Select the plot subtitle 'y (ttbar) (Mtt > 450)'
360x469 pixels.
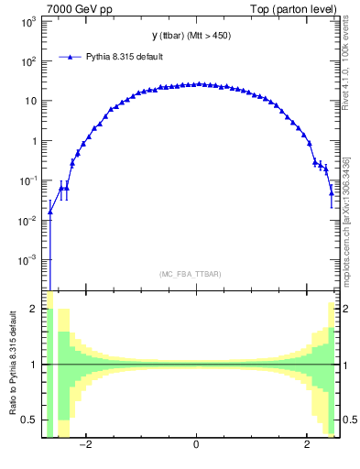coord(196,36)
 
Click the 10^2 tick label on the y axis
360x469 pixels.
coord(28,61)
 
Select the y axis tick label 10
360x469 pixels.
coord(30,101)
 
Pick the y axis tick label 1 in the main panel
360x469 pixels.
coord(35,141)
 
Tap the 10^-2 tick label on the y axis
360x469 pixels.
coord(28,220)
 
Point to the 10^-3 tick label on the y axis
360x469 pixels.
coord(28,260)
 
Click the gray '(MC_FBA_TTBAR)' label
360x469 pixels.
coord(196,274)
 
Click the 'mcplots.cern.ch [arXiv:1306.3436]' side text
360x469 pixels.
coord(345,220)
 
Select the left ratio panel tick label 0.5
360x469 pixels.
coord(31,420)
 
